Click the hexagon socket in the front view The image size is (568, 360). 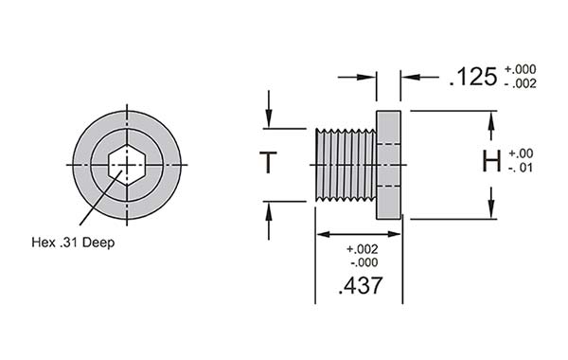[125, 165]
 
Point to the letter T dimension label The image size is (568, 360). [269, 163]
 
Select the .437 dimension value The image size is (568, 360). [360, 284]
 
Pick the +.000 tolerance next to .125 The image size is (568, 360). [521, 69]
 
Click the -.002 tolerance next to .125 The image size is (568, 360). [521, 84]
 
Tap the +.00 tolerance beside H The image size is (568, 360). [522, 153]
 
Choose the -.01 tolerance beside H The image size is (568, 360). [522, 169]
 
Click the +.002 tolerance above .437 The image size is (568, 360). [361, 249]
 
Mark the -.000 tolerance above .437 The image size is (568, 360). [361, 262]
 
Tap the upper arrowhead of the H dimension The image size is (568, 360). [491, 119]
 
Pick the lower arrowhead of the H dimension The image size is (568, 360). [491, 210]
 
